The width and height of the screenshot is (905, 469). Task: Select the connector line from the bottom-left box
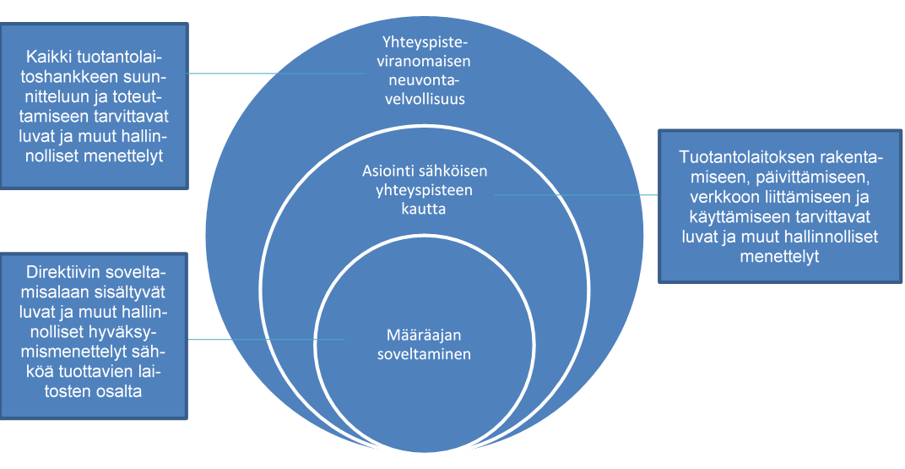tap(267, 340)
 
